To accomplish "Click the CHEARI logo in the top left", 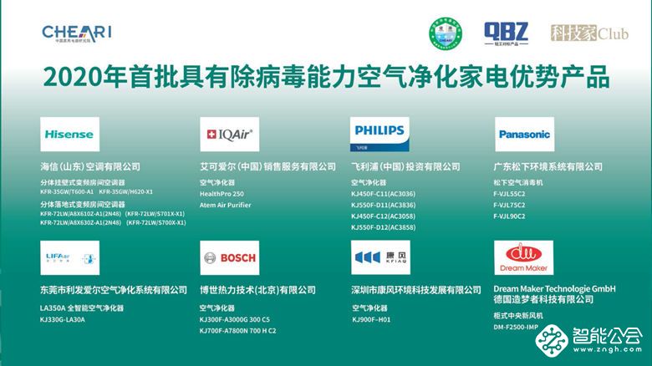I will [76, 33].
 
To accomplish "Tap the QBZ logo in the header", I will [506, 33].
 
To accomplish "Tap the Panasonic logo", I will [524, 134].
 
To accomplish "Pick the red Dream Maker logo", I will [523, 256].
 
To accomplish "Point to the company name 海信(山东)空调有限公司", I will [90, 167].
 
